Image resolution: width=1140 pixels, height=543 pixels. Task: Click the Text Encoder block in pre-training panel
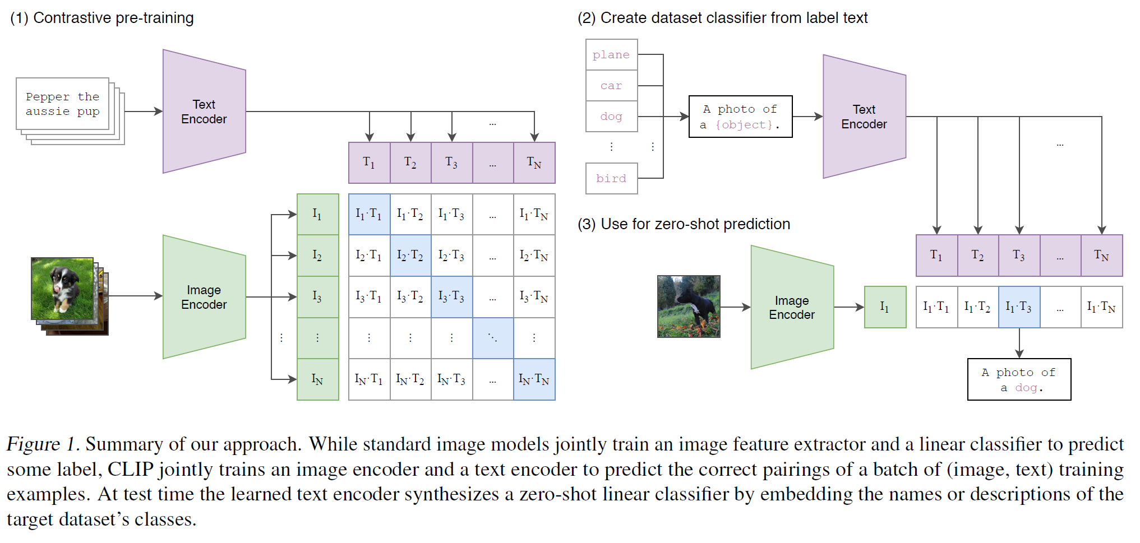[x=204, y=112]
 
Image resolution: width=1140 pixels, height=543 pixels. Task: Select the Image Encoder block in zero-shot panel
[x=792, y=307]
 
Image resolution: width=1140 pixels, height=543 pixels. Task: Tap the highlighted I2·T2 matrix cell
[x=410, y=256]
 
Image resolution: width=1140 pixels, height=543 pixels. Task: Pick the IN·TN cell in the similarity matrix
[x=534, y=379]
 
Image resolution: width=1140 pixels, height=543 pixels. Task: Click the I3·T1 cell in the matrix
[x=369, y=297]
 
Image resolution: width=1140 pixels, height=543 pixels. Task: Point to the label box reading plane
[x=612, y=54]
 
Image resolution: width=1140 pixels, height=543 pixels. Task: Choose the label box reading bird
[x=612, y=178]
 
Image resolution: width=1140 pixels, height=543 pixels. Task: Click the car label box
[x=612, y=85]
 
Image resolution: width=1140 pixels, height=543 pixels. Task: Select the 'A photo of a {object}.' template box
[x=741, y=117]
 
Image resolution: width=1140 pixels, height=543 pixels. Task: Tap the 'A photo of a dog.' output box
[x=1019, y=379]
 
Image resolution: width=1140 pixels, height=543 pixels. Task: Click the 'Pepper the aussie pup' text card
[x=63, y=104]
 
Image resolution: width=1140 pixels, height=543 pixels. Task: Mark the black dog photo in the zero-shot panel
[x=689, y=307]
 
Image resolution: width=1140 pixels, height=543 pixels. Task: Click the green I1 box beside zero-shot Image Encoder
[x=885, y=307]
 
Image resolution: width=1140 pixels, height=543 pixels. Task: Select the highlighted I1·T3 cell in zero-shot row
[x=1019, y=307]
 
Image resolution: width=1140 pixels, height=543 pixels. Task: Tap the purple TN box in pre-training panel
[x=534, y=163]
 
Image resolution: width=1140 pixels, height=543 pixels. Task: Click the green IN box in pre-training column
[x=318, y=379]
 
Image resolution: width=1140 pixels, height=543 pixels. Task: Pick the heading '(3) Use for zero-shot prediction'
[x=684, y=224]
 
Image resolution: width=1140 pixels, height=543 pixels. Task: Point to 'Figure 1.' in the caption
[x=43, y=444]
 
